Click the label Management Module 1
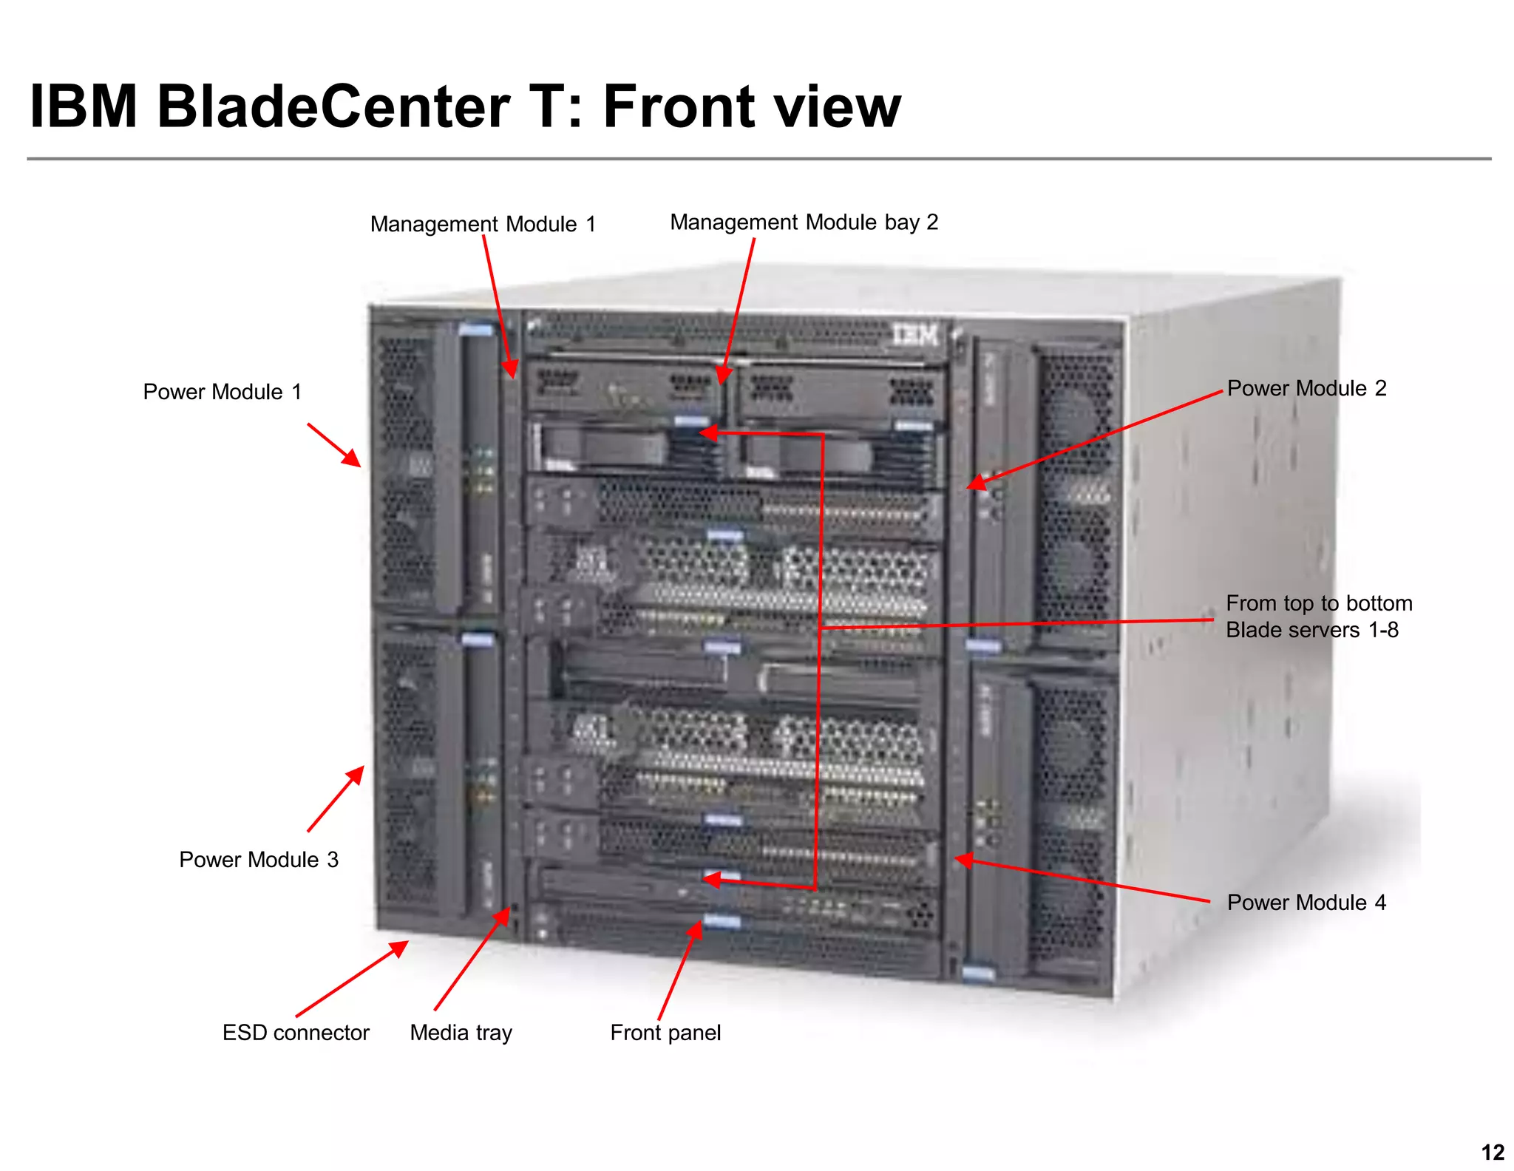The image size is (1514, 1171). pos(483,224)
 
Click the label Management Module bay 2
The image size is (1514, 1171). pos(804,223)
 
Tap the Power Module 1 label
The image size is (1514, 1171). pos(222,392)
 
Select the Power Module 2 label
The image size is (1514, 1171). pos(1306,388)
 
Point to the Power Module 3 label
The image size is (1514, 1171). pos(258,860)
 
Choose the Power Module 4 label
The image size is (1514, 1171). pos(1306,903)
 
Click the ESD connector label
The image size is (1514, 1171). pos(296,1033)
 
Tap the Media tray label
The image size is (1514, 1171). pos(461,1033)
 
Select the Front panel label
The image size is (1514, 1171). pos(665,1033)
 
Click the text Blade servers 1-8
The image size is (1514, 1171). pos(1311,630)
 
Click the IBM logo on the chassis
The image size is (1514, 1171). pos(914,335)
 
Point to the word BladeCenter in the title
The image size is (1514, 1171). pos(333,106)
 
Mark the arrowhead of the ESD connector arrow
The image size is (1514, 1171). pos(402,946)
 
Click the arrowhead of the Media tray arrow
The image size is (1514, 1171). pos(505,914)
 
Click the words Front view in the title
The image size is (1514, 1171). pos(752,106)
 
